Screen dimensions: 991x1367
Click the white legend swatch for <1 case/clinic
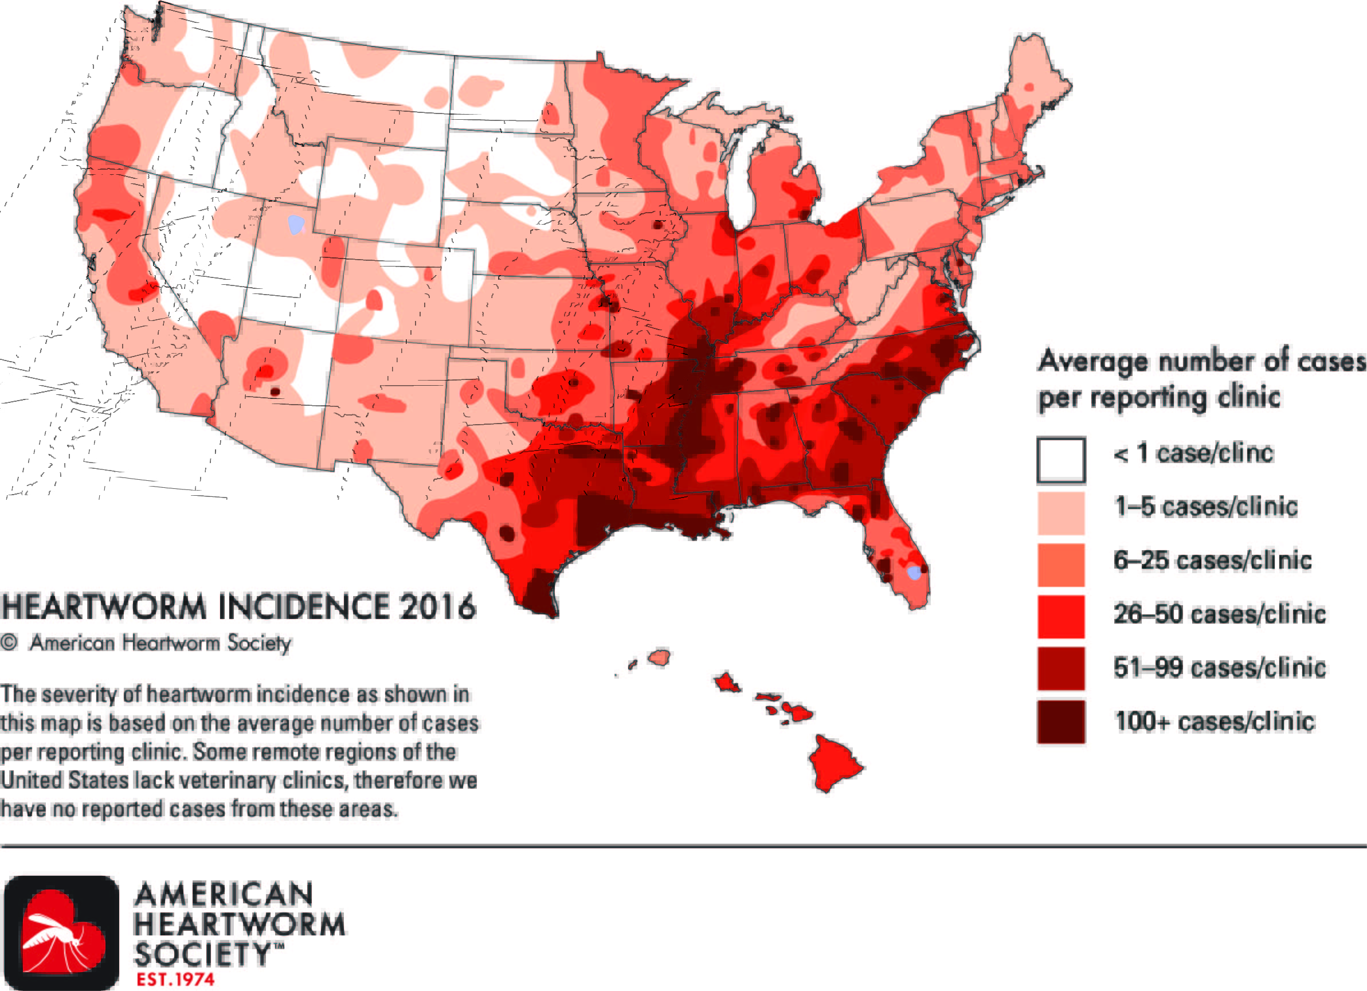[x=1061, y=460]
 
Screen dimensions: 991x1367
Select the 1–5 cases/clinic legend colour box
[x=1061, y=513]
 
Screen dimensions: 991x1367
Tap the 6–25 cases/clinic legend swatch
[x=1061, y=565]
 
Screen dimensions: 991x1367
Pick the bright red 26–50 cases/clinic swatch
[x=1061, y=617]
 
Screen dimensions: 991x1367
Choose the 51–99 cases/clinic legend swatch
[x=1061, y=668]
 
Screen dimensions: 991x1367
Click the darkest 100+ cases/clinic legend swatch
[x=1061, y=722]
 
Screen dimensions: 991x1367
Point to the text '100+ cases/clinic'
[x=1214, y=722]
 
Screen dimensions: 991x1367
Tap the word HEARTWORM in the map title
[x=104, y=606]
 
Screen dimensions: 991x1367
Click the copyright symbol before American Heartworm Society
[x=9, y=643]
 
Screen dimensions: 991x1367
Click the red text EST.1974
[x=175, y=980]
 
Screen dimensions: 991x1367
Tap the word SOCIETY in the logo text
[x=202, y=955]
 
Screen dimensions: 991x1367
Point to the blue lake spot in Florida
[x=914, y=572]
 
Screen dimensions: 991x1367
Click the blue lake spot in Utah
[x=295, y=224]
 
